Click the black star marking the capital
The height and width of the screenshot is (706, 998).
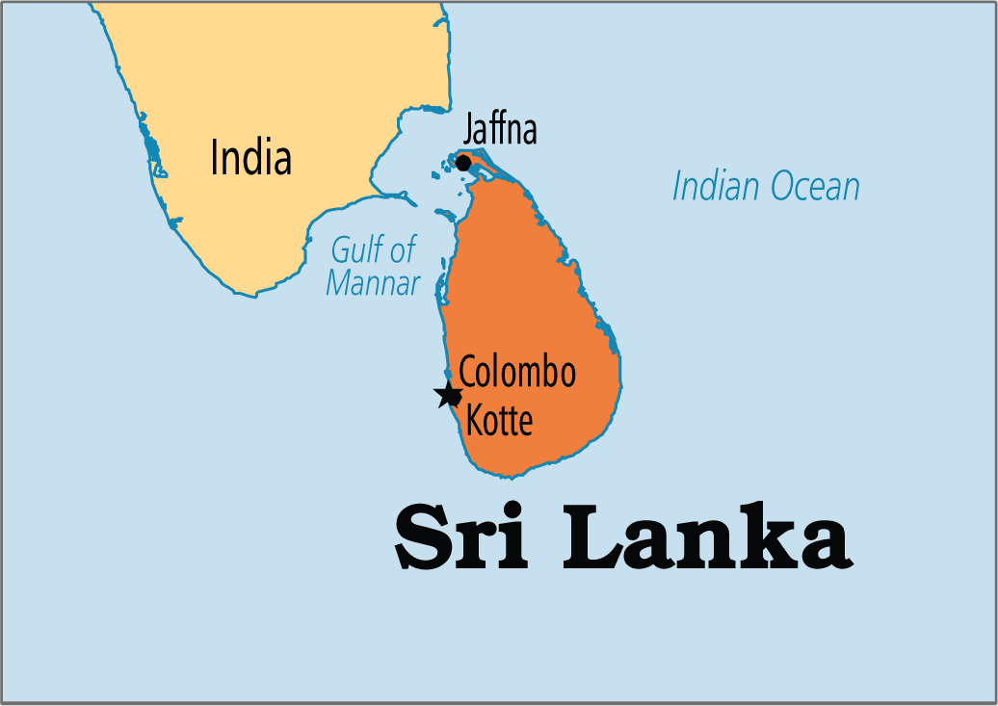(x=448, y=395)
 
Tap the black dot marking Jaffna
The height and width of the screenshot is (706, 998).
(x=463, y=163)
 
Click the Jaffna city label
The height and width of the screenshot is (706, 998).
(x=500, y=129)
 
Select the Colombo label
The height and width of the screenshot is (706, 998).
(x=517, y=373)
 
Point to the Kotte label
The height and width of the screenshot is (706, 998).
(x=499, y=420)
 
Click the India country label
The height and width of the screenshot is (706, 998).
(x=250, y=158)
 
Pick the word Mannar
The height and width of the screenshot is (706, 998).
(x=374, y=283)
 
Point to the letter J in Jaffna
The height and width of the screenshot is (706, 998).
(x=469, y=129)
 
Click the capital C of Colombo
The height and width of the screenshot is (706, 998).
(x=468, y=373)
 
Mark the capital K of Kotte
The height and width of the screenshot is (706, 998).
(x=475, y=420)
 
